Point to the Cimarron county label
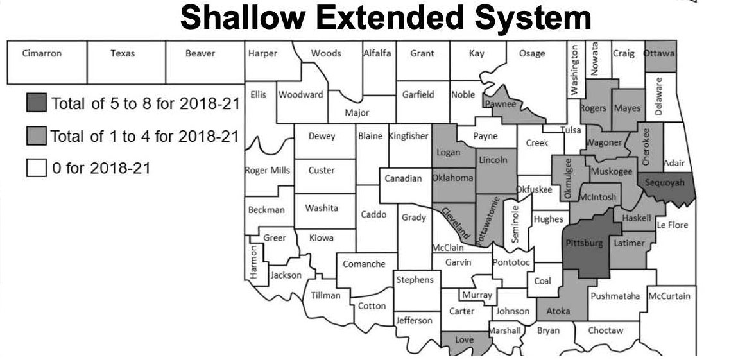(42, 54)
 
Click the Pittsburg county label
(584, 243)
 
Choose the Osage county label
(531, 54)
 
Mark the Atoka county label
(558, 311)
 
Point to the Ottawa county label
(659, 54)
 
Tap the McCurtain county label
(669, 296)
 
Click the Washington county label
(575, 67)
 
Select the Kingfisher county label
(409, 136)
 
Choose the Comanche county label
(364, 264)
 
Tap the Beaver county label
(200, 54)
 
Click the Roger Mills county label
(267, 171)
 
